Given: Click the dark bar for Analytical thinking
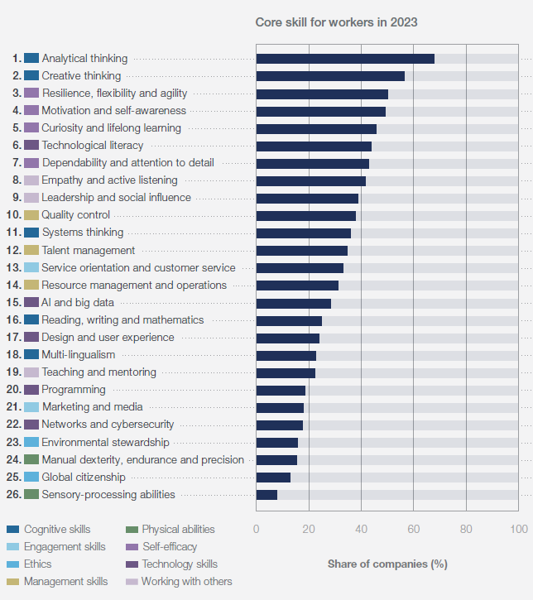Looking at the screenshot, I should coord(345,59).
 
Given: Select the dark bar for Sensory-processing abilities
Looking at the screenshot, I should coord(266,495).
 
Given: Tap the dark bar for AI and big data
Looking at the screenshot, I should coord(293,303).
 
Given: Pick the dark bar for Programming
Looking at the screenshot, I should coord(281,390).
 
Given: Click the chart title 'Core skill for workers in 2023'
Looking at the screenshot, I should coord(336,22).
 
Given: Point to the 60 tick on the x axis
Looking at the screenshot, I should coord(414,530).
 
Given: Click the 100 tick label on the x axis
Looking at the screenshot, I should coord(519,530).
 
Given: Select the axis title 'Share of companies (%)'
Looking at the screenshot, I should coord(387,564).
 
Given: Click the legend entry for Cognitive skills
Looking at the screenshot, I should coord(57,530).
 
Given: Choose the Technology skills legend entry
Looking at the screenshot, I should coord(179,564).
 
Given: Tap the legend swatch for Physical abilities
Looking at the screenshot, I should coord(131,530).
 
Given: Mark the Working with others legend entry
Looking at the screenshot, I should coord(186,582).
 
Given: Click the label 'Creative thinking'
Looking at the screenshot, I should coord(81,76).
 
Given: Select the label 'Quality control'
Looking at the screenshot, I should coord(75,215).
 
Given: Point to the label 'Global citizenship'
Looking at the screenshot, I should coord(84,478).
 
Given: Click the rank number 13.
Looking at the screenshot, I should coord(13,268).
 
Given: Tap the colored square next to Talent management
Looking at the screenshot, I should coord(31,251).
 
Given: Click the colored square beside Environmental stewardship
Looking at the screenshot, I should coord(31,443).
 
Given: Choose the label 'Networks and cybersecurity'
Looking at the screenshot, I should coord(108,425).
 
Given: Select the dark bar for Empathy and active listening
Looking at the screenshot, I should coord(310,180).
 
